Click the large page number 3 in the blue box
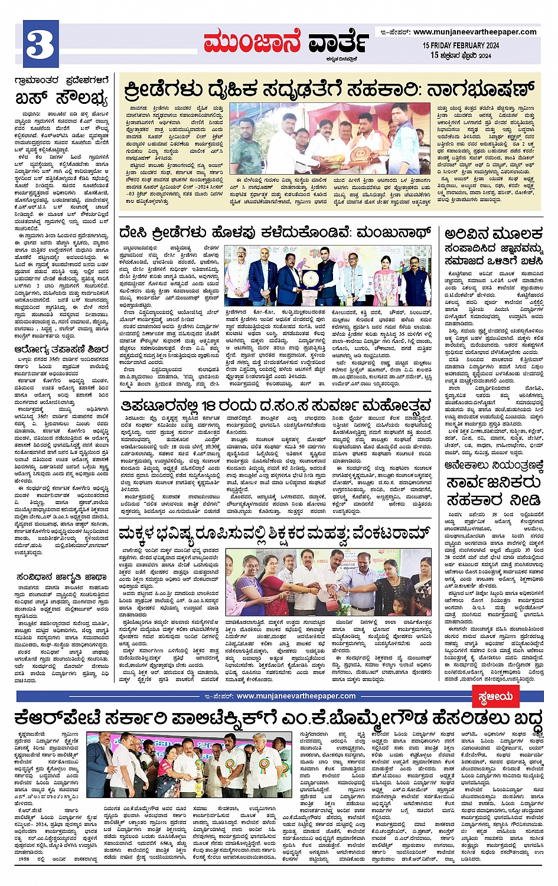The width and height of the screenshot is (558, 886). click(x=40, y=44)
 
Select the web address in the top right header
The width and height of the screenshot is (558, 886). click(x=475, y=32)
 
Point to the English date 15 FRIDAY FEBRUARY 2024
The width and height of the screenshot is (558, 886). click(x=461, y=45)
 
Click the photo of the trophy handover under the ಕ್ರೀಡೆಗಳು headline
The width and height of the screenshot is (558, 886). click(x=330, y=139)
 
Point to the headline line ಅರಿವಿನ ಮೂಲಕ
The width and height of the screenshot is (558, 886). click(x=493, y=234)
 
